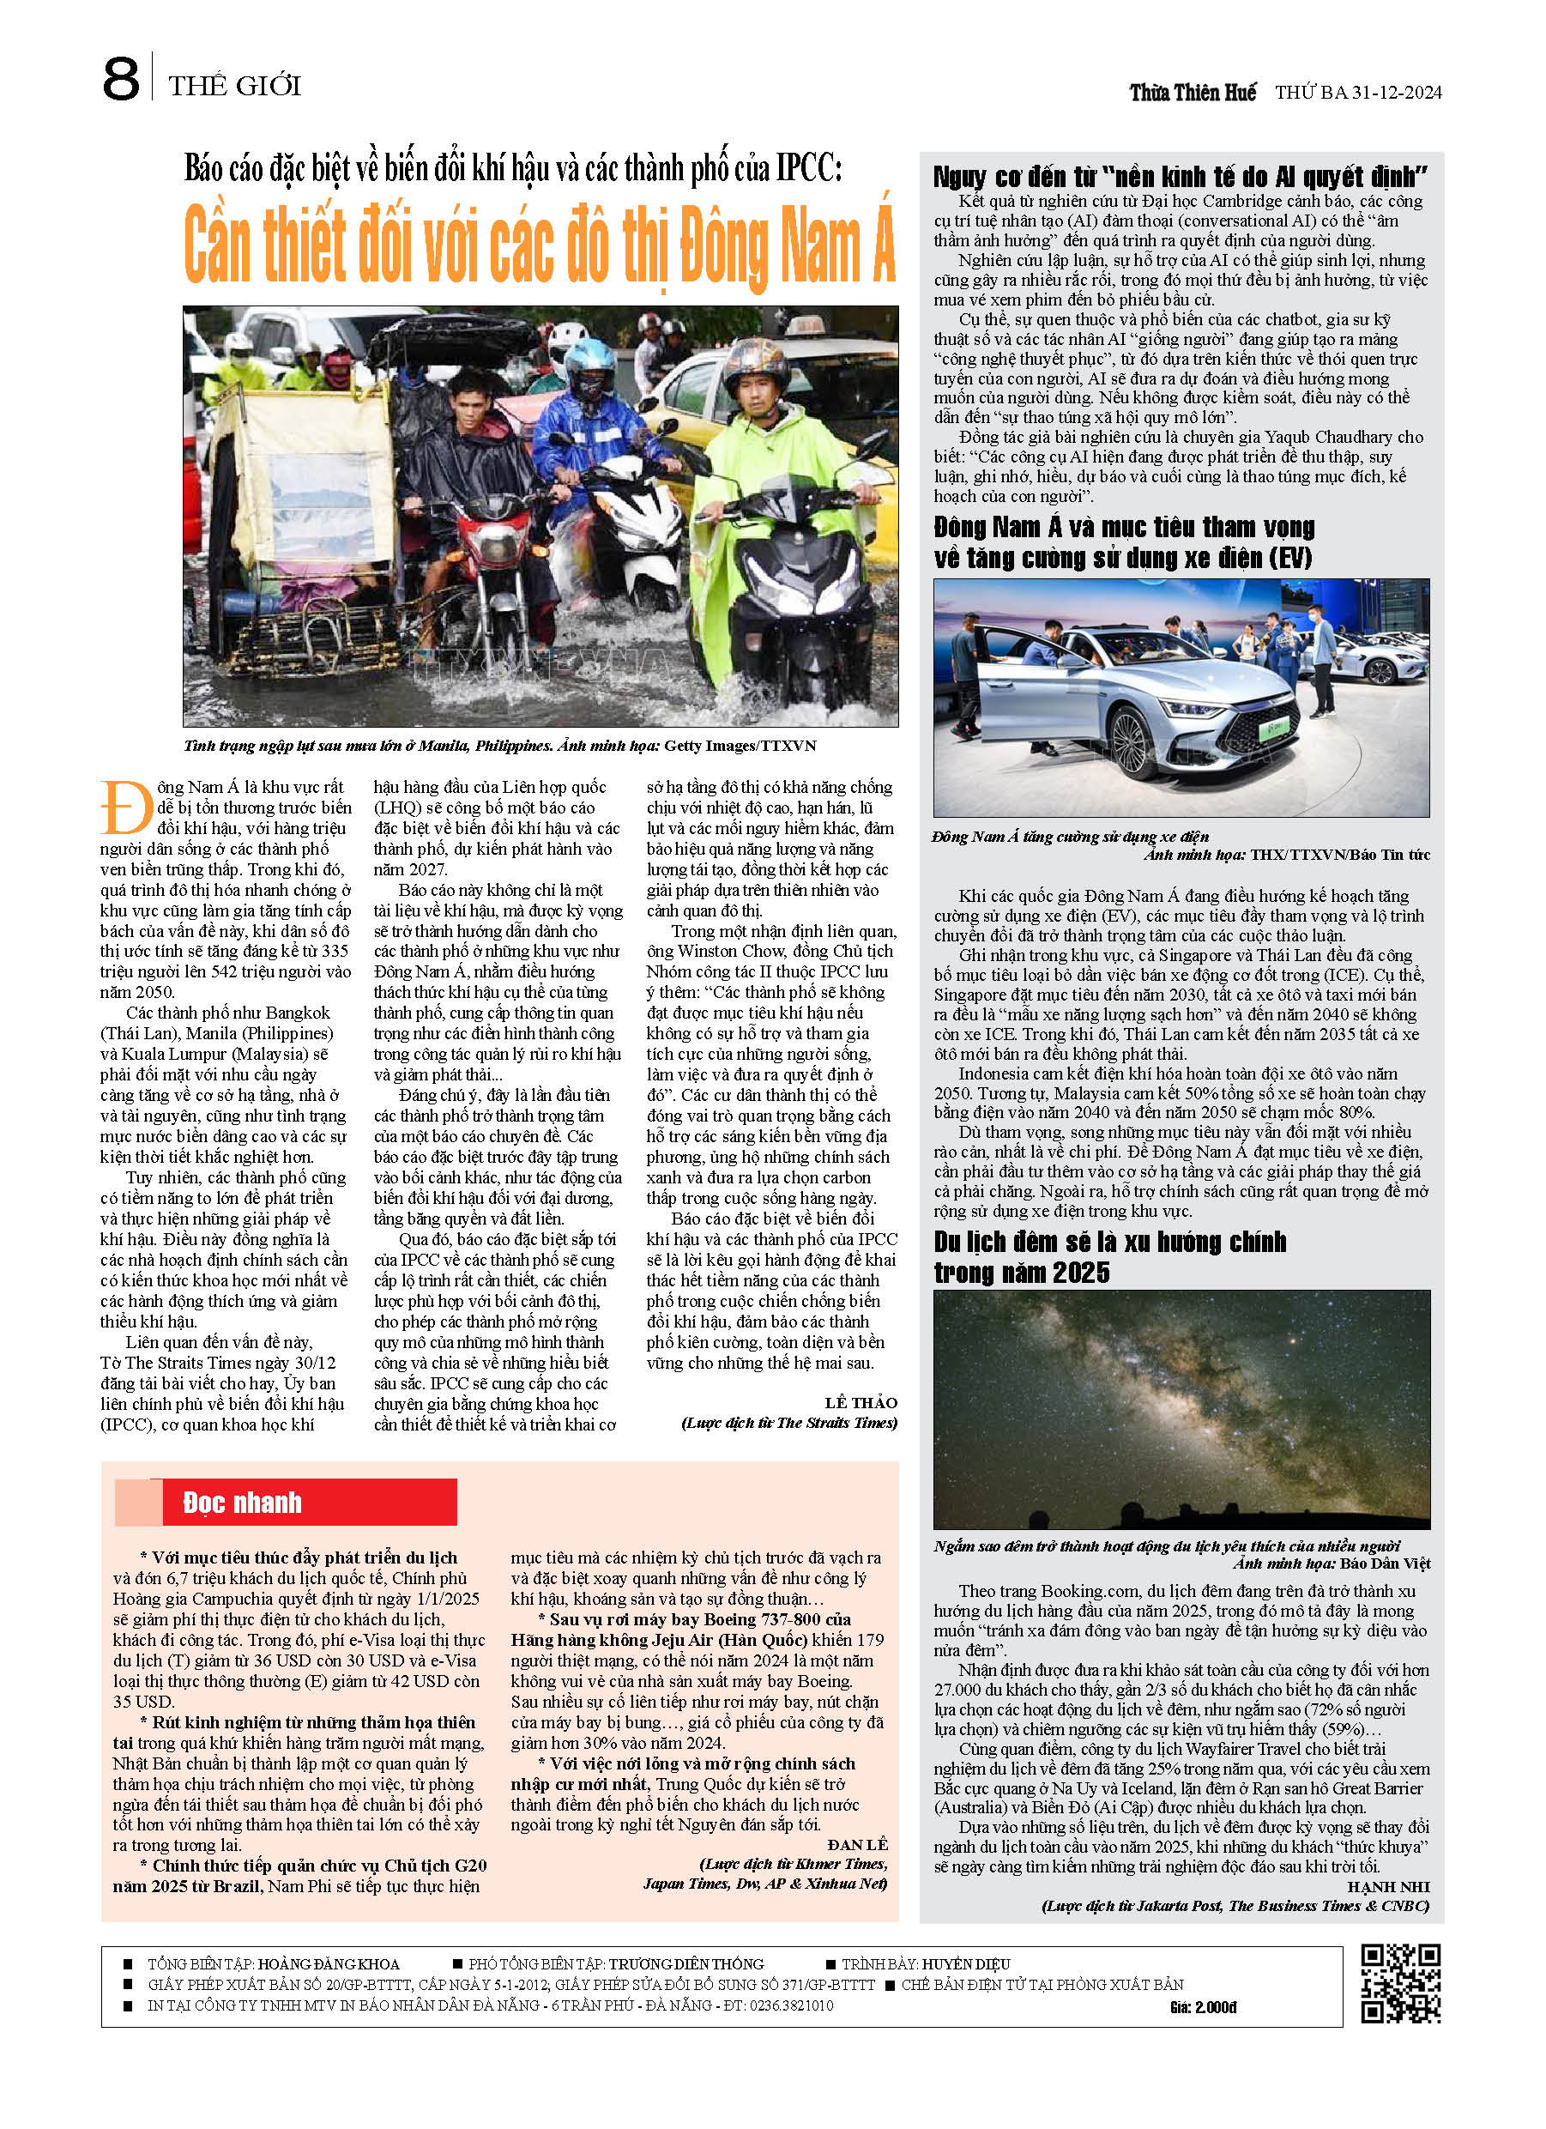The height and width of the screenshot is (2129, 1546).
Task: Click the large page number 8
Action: click(121, 80)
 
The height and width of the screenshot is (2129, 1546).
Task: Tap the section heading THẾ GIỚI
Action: click(235, 87)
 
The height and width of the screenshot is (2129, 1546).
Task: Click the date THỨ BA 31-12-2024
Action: click(1357, 93)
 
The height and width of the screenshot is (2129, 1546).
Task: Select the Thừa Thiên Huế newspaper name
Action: click(1193, 93)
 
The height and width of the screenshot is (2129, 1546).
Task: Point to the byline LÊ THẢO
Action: click(861, 1402)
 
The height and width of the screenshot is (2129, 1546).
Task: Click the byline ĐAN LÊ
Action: click(858, 1845)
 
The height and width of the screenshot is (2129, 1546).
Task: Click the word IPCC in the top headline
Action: click(808, 169)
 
